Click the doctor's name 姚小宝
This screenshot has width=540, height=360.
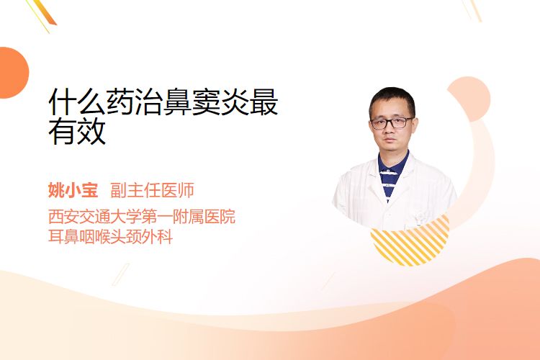73,190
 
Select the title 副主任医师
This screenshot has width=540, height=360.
152,190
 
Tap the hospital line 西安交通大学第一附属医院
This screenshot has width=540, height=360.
142,216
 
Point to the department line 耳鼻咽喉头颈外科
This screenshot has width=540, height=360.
111,237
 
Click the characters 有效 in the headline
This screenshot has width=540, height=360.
77,131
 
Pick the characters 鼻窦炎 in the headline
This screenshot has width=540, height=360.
207,102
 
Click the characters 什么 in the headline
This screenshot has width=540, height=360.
77,102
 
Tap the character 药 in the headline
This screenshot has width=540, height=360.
120,102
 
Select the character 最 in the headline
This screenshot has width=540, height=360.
264,102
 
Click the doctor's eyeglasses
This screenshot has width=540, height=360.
392,122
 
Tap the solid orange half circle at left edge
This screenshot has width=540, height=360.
13,73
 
